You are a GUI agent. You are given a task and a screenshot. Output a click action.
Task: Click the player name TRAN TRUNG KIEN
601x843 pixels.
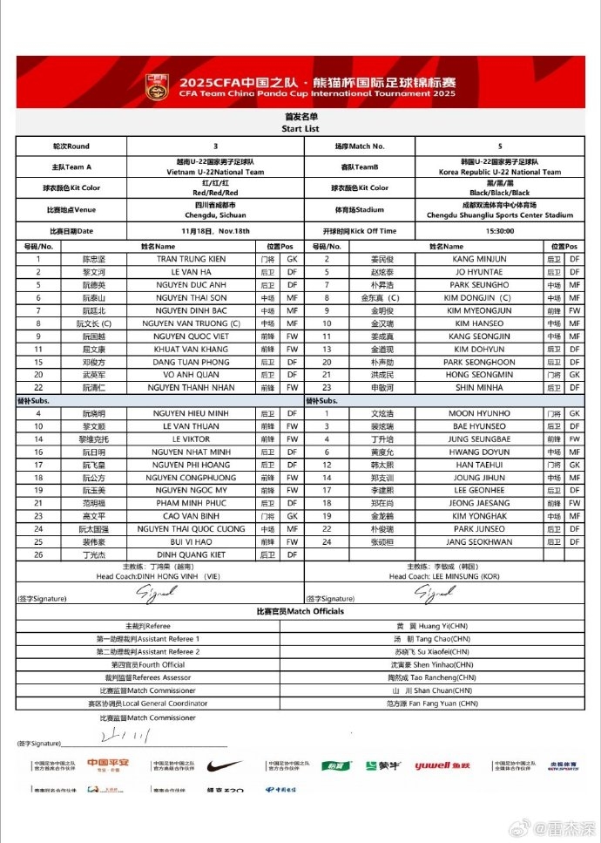[191, 259]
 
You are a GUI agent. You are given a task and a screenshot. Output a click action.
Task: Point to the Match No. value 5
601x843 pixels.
[499, 146]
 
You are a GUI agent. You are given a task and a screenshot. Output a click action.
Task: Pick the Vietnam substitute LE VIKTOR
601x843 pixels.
[191, 439]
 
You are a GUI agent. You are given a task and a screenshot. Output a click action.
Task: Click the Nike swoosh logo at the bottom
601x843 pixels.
[225, 766]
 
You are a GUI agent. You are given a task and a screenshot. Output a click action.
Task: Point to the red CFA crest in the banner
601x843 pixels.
[158, 86]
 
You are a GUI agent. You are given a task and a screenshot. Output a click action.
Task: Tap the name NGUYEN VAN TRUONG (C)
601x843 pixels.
[191, 323]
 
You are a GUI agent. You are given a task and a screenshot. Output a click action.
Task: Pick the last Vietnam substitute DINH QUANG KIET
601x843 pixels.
[191, 554]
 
